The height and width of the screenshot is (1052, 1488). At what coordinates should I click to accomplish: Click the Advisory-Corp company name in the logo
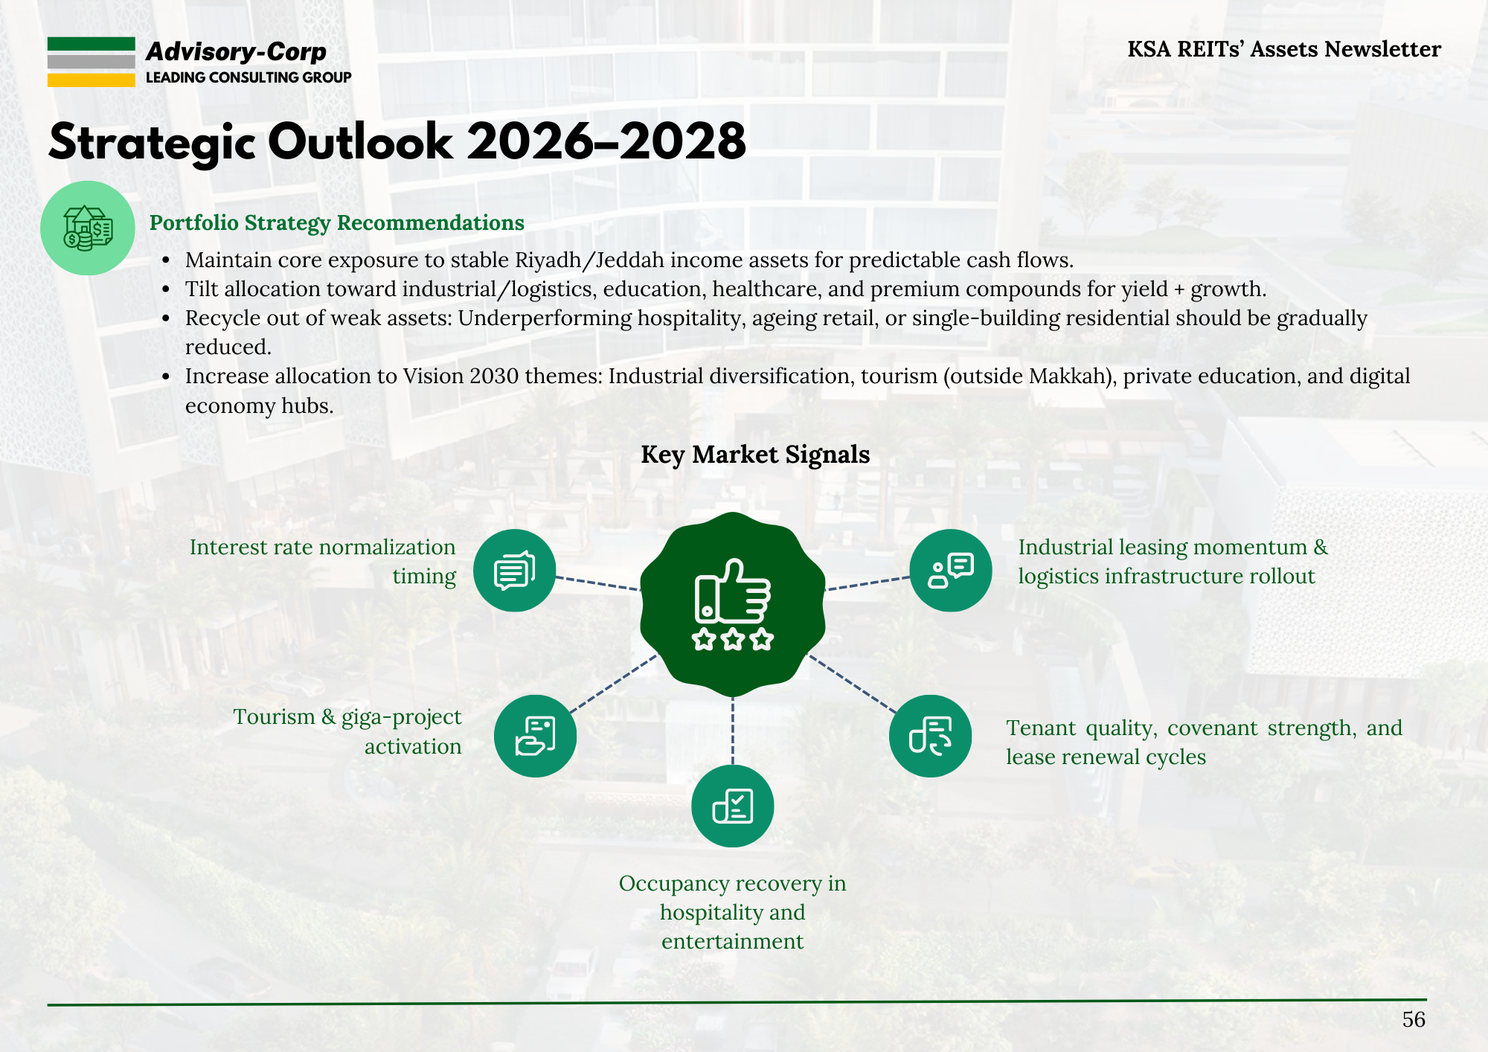(236, 51)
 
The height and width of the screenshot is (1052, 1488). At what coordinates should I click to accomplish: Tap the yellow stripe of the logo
(92, 80)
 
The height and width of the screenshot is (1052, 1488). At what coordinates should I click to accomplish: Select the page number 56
(1414, 1019)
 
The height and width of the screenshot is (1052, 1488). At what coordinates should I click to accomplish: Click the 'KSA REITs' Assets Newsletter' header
(1284, 49)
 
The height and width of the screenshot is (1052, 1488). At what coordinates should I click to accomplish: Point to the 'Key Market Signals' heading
(755, 455)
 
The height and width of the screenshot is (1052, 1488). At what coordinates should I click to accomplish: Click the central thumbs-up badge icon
(733, 604)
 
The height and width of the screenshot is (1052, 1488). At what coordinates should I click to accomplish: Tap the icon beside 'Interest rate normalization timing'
(515, 571)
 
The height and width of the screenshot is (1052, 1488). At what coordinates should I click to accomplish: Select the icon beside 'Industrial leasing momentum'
(951, 571)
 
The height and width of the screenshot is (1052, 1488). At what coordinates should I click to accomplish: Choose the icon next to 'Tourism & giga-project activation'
(536, 736)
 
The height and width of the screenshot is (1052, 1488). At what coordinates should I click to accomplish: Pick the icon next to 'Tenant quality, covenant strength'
(931, 736)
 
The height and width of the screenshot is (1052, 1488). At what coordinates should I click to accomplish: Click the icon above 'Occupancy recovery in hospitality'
(733, 806)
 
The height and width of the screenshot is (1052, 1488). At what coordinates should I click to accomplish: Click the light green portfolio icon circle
(88, 228)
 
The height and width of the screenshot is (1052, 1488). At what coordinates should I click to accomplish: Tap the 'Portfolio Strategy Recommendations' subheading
(337, 223)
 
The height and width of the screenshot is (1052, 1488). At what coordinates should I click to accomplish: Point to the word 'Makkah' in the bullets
(1068, 376)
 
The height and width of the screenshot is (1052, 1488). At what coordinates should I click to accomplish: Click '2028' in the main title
(684, 141)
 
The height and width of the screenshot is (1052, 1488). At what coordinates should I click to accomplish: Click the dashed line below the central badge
(733, 731)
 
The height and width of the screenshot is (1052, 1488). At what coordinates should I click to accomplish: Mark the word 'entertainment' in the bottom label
(733, 942)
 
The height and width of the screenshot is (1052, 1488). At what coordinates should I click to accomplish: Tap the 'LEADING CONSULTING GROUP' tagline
(248, 77)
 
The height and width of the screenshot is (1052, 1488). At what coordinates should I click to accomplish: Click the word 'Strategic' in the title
(153, 143)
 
